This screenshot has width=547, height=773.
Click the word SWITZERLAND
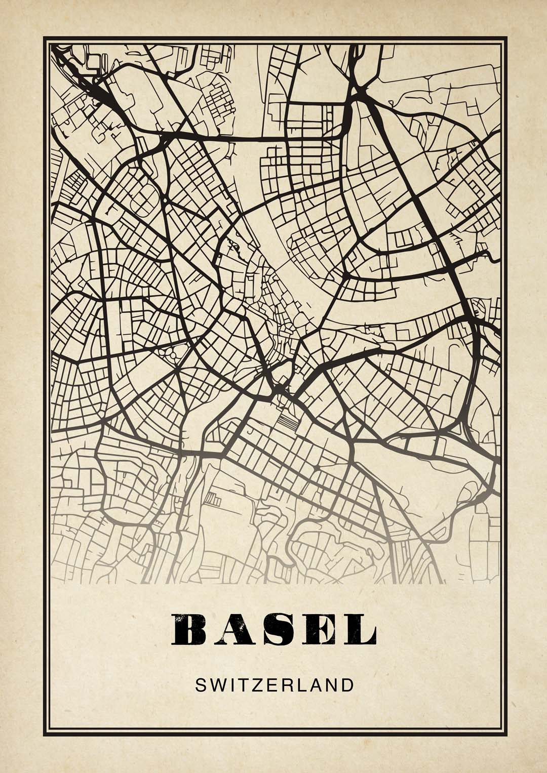click(x=274, y=685)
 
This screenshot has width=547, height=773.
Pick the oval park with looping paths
click(x=170, y=351)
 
